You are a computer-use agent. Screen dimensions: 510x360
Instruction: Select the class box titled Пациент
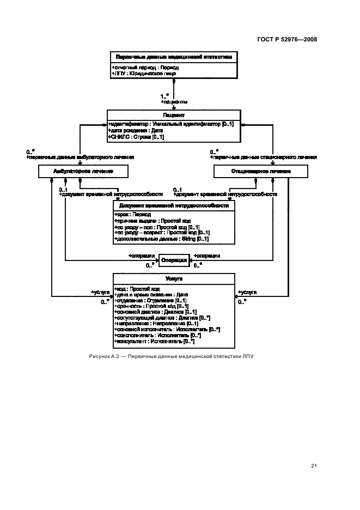174,116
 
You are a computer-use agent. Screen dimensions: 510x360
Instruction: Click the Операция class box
174,260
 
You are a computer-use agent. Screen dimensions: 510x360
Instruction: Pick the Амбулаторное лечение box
83,171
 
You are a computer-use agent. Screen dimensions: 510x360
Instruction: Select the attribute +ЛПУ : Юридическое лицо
144,73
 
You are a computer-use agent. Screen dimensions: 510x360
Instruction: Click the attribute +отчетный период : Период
145,68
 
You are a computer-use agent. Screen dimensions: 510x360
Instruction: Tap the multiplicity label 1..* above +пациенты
164,96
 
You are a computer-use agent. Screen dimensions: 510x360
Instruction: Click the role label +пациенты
174,102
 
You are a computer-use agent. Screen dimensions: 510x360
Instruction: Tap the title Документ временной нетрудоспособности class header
174,206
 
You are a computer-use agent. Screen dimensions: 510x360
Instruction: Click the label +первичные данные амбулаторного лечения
81,157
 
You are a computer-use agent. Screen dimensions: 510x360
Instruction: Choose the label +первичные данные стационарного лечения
264,157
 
